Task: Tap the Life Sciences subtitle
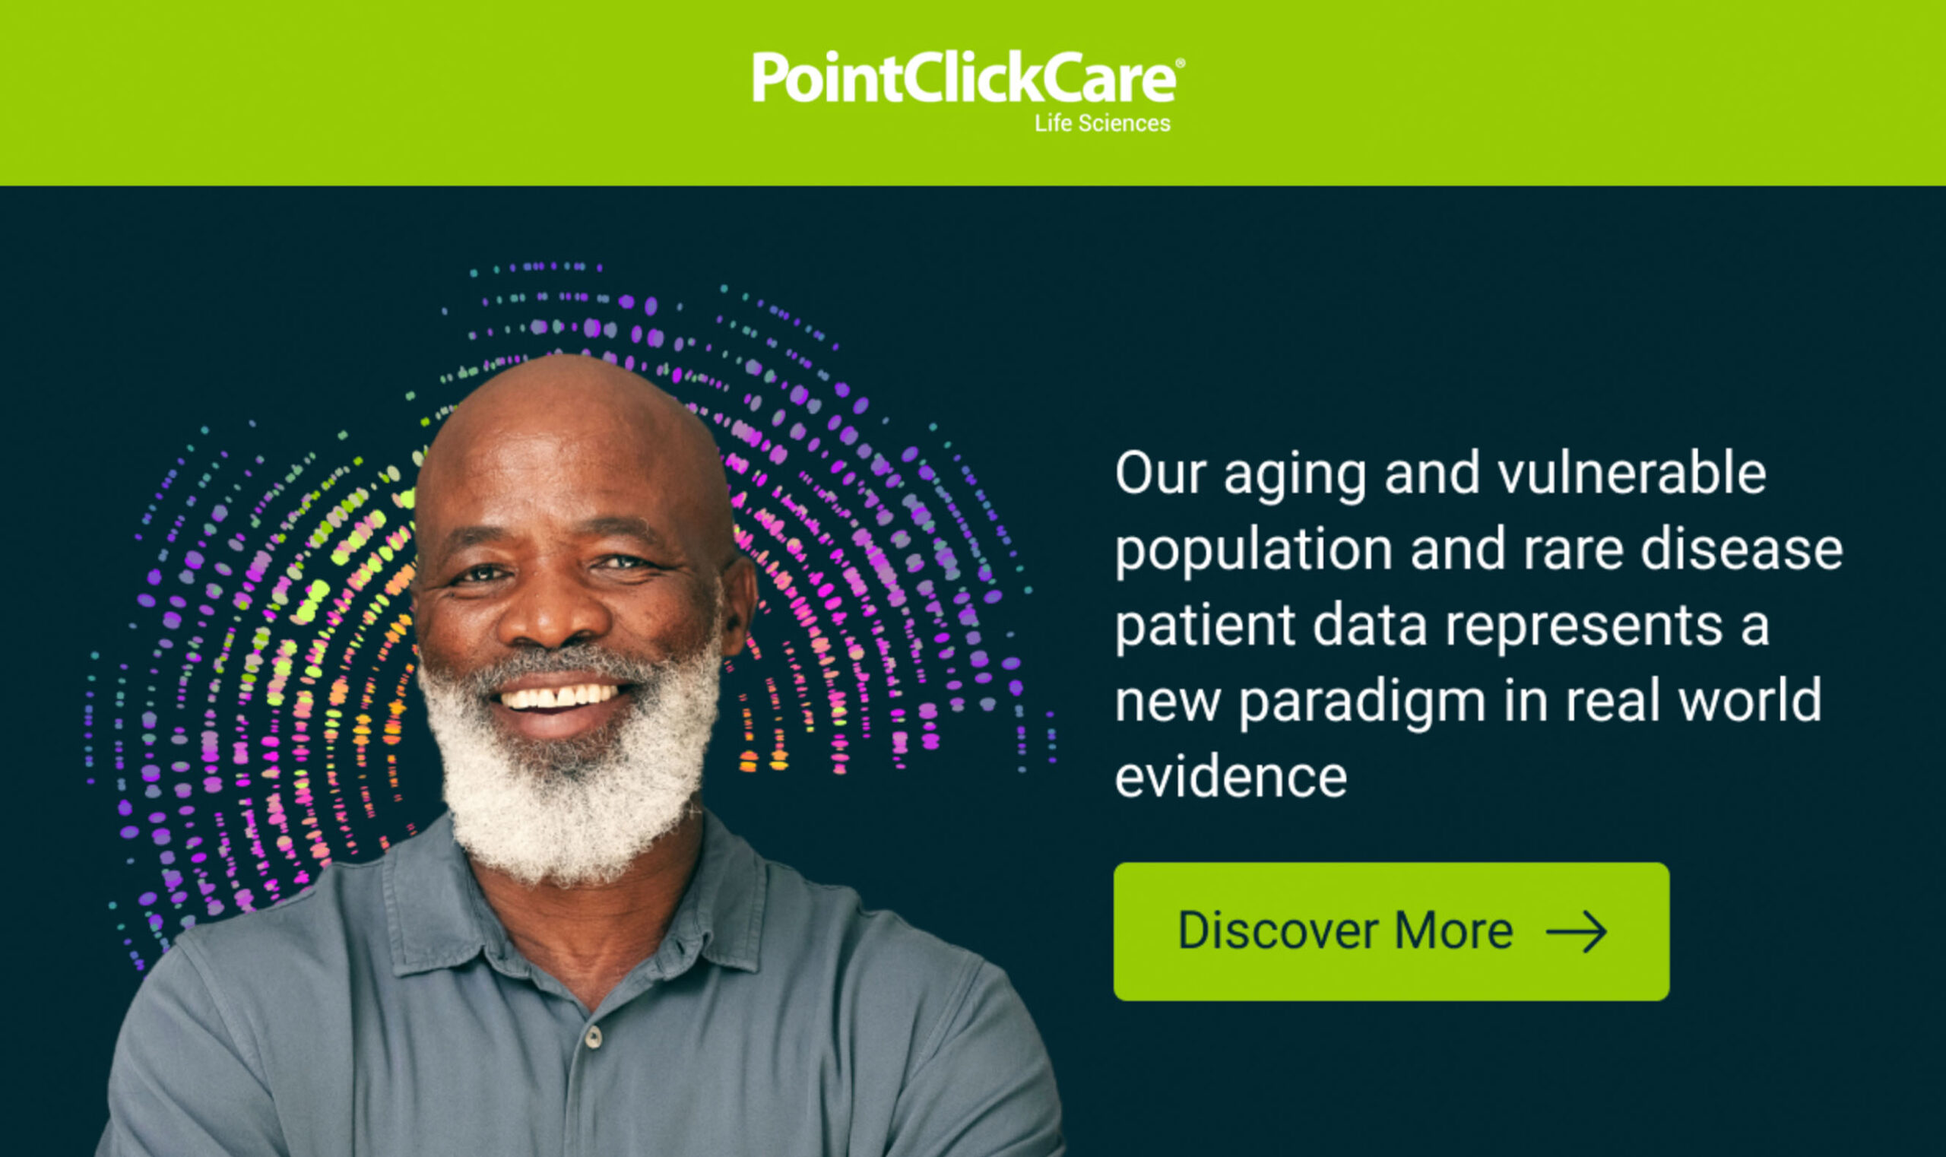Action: point(1101,123)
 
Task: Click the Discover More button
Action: point(1391,931)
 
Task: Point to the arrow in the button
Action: point(1577,931)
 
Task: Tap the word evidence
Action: point(1230,777)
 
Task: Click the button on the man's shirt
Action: point(594,1037)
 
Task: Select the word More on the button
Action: point(1453,931)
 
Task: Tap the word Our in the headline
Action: point(1160,474)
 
